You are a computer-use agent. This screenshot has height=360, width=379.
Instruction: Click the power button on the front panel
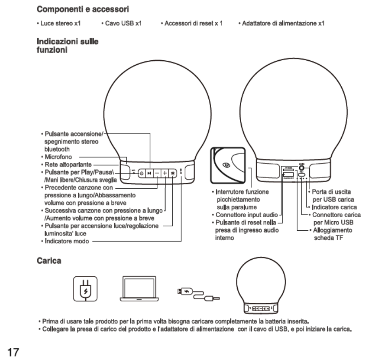142,173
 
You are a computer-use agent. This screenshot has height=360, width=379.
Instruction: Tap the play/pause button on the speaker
149,173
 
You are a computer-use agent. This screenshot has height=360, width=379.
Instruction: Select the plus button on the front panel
165,173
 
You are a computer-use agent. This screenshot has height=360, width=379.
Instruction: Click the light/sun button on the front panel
173,173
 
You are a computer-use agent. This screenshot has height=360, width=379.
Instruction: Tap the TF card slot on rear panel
288,170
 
